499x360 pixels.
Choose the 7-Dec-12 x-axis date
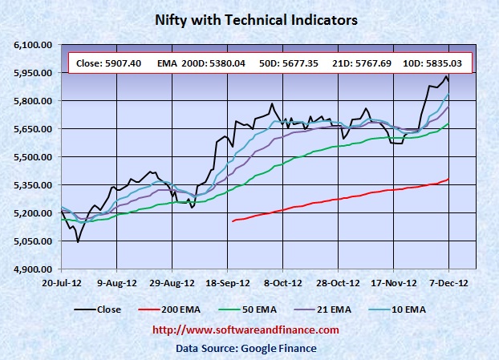448,283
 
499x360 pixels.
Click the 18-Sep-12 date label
227,283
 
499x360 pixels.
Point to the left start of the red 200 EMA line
232,221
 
